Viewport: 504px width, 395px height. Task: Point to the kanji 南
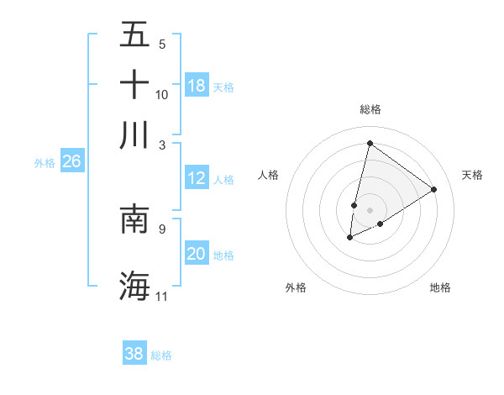pos(134,219)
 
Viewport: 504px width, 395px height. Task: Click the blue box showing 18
pos(197,86)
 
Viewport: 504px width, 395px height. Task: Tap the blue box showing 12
pos(197,178)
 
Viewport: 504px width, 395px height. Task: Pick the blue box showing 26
pos(71,162)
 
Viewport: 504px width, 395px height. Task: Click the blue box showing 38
pos(134,354)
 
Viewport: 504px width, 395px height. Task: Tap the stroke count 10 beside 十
pos(162,94)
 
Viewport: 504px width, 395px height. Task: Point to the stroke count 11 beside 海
pos(162,297)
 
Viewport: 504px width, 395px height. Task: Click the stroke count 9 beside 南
pos(162,228)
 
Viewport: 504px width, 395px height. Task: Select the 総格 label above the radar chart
pos(370,109)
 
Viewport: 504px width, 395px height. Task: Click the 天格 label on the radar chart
pos(472,175)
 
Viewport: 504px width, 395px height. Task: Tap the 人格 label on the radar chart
pos(268,175)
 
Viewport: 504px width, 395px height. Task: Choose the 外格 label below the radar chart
pos(296,287)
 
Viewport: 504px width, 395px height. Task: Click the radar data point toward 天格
pos(434,189)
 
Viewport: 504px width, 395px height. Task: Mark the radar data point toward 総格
pos(370,143)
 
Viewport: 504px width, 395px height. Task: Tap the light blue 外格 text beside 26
pos(45,163)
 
